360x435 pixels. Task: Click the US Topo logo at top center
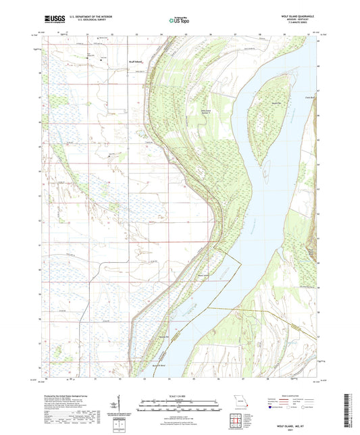pos(179,21)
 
